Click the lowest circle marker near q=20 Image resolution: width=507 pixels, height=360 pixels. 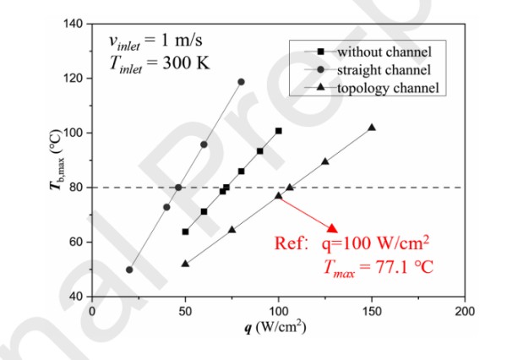pos(129,270)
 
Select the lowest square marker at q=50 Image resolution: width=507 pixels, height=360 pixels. pos(185,232)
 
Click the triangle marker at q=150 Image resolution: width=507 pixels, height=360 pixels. pos(372,128)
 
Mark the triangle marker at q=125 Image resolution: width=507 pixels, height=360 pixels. pos(325,161)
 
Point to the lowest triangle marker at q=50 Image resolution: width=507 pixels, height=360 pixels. pos(185,264)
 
